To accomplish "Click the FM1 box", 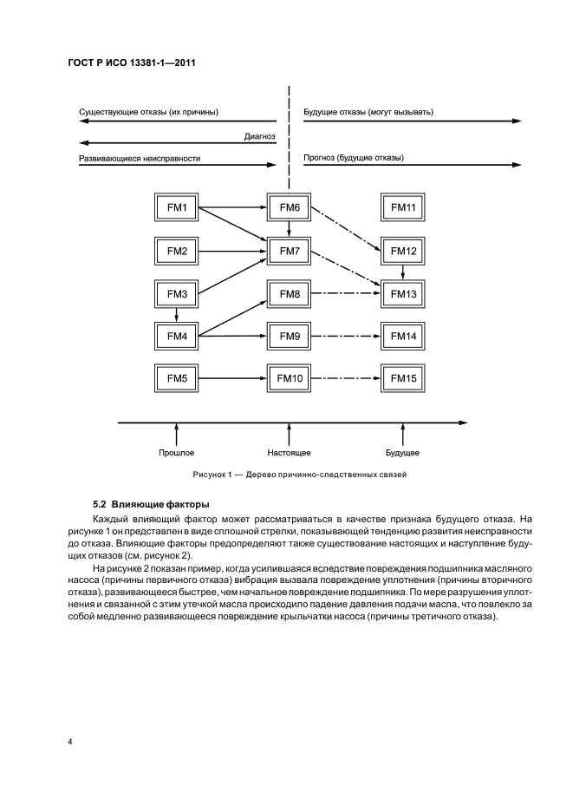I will click(x=176, y=208).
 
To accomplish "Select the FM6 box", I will click(x=290, y=208).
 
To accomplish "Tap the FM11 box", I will click(x=403, y=208).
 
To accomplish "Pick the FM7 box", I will click(x=290, y=252).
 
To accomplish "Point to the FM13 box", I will click(x=403, y=295).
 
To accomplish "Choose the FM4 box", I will click(x=176, y=335).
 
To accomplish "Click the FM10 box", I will click(x=290, y=378).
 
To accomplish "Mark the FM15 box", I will click(x=403, y=378).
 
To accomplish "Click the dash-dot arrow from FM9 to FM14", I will click(x=346, y=335).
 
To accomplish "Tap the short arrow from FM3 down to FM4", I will click(x=176, y=315).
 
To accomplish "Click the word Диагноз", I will click(x=260, y=135).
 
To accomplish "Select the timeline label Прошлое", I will click(x=176, y=453).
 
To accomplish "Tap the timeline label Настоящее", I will click(x=290, y=453).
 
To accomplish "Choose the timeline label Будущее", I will click(x=403, y=453).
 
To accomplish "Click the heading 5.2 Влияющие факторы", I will click(x=151, y=504).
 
